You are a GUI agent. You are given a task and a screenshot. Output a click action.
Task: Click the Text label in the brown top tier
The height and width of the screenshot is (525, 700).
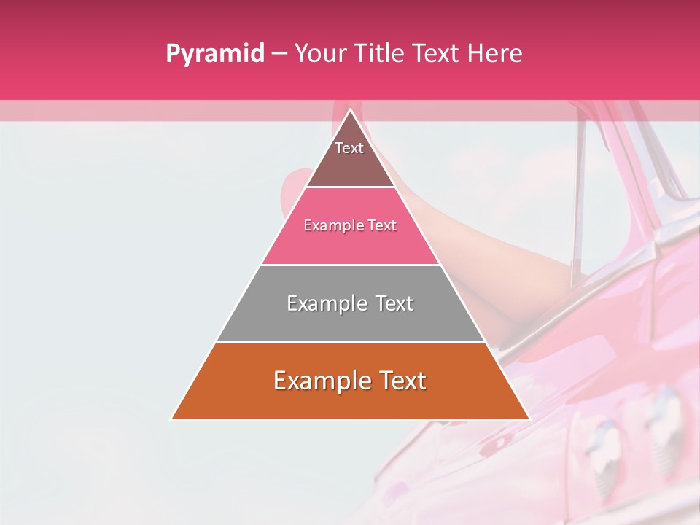[x=349, y=148]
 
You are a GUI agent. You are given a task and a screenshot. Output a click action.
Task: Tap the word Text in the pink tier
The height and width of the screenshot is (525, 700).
[x=383, y=226]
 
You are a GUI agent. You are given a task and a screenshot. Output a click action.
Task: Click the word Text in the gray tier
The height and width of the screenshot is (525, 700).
[x=394, y=303]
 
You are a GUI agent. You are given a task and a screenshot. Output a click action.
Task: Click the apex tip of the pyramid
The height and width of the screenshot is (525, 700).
[x=350, y=110]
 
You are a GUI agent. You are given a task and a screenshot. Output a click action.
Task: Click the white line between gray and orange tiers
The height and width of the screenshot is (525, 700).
[x=350, y=342]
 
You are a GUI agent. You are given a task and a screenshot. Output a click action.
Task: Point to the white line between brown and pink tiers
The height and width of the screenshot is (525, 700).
[x=350, y=187]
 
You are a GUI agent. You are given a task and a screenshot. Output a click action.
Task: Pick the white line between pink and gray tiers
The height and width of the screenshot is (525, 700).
[x=350, y=265]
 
